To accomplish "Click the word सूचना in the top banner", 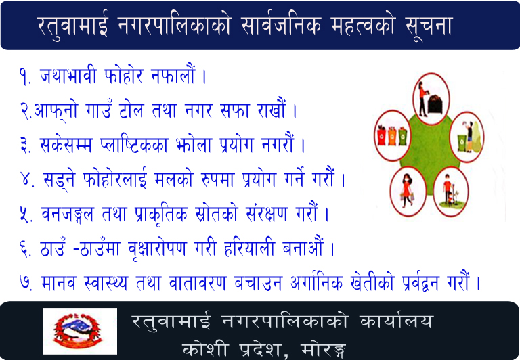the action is point(429,26).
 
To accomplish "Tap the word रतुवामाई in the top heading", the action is point(73,25).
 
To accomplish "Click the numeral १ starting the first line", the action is point(24,76).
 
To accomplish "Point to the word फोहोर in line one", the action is point(124,75).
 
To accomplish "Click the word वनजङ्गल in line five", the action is point(68,215).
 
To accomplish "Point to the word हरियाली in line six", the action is point(249,248).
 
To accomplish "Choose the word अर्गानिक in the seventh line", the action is point(316,282).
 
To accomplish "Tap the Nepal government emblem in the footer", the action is point(80,331).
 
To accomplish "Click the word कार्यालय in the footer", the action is point(396,321).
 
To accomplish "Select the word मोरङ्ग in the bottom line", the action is point(324,348).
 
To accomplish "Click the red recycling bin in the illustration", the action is point(382,135).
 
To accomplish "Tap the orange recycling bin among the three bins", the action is point(392,136).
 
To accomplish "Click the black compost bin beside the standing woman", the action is point(435,104).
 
